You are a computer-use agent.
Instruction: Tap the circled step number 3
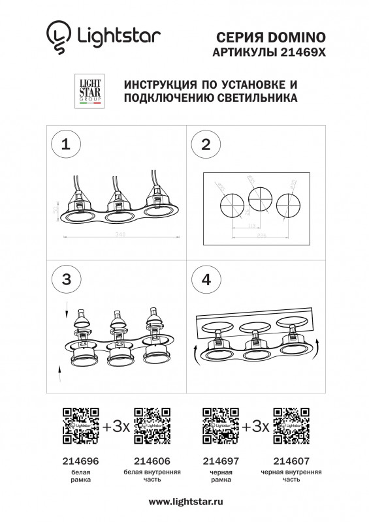coord(65,279)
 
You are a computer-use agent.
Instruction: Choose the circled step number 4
coord(206,279)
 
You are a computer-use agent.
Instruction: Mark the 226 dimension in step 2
coord(261,235)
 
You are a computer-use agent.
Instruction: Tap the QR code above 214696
coord(80,425)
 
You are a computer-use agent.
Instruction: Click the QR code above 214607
coord(291,425)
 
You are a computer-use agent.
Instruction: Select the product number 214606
coord(152,460)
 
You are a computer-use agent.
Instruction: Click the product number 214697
coord(221,460)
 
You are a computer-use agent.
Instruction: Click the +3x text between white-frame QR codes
coord(116,427)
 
